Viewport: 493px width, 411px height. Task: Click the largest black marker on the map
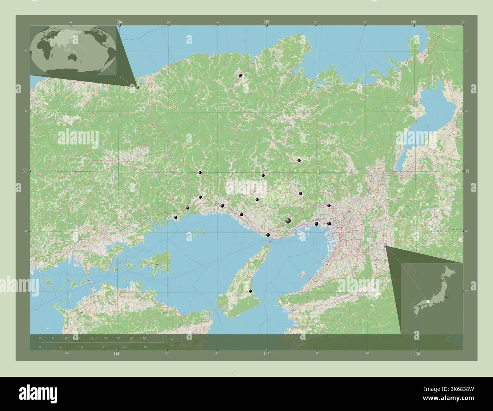tap(288, 220)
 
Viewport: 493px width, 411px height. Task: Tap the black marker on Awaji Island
tap(250, 291)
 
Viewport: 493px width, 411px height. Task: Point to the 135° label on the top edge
tap(267, 22)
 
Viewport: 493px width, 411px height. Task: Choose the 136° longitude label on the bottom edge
tap(417, 354)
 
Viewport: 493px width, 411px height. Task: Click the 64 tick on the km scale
tap(144, 337)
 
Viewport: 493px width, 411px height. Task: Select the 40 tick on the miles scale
tap(145, 347)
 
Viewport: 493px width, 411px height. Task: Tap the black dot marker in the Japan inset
tap(447, 296)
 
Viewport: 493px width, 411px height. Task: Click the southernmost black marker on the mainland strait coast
tap(268, 235)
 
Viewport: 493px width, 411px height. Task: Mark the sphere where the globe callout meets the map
tap(137, 87)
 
